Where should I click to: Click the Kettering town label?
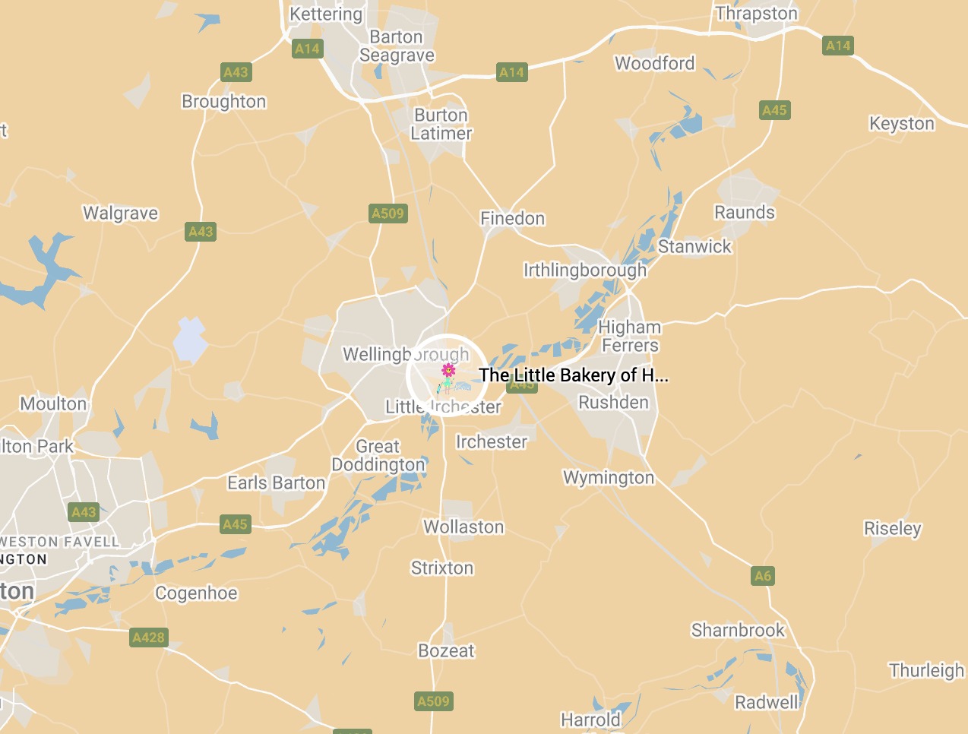coord(326,14)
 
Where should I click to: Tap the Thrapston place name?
coord(757,14)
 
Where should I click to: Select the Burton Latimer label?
coord(441,124)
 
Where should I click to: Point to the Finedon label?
coord(513,219)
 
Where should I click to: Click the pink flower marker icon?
coord(449,371)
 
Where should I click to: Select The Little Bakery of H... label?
coord(574,375)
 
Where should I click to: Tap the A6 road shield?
coord(762,576)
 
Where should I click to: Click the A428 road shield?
coord(148,638)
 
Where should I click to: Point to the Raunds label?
coord(745,213)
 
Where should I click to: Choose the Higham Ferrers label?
coord(630,337)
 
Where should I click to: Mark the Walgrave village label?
coord(121,214)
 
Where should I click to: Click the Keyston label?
coord(902,124)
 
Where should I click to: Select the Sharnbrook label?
coord(738,631)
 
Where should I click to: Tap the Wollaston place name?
coord(463,527)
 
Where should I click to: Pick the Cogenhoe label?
coord(196,593)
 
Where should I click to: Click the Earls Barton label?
coord(277,483)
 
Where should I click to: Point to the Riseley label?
coord(893,528)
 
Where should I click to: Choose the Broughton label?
coord(224,102)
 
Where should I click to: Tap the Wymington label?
coord(609,478)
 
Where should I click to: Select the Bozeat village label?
coord(446,651)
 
